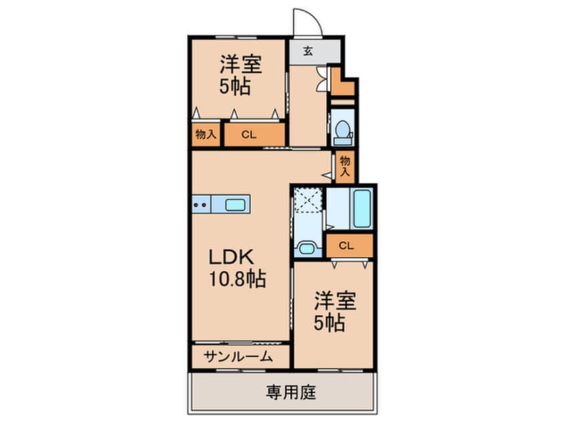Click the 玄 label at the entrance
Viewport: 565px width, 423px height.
click(308, 50)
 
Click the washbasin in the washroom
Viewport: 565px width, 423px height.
click(307, 248)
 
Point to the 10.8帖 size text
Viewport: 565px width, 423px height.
click(239, 278)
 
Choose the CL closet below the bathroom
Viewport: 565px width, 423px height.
click(347, 245)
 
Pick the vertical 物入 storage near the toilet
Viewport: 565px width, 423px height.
click(345, 166)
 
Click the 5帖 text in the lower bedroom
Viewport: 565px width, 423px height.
click(330, 323)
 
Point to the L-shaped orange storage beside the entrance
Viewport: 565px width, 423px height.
click(343, 83)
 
